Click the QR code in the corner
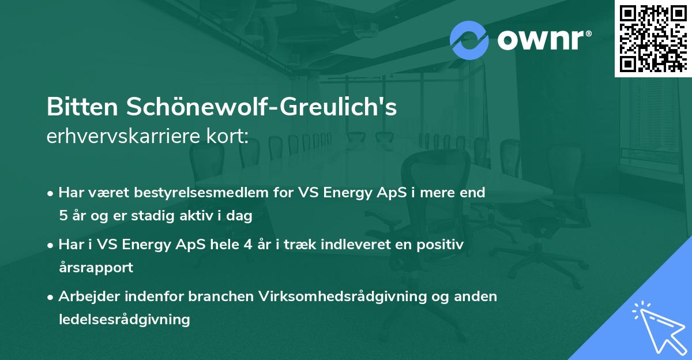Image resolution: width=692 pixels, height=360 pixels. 653,38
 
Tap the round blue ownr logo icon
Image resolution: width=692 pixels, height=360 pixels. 469,40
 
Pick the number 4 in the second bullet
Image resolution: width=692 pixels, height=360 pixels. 247,245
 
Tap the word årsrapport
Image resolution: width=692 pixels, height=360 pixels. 96,268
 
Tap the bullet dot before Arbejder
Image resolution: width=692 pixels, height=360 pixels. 51,297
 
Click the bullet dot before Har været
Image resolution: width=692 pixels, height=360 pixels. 51,193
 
